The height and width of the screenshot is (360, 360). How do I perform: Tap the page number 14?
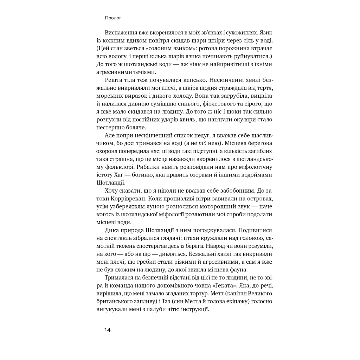pyautogui.click(x=107, y=330)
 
